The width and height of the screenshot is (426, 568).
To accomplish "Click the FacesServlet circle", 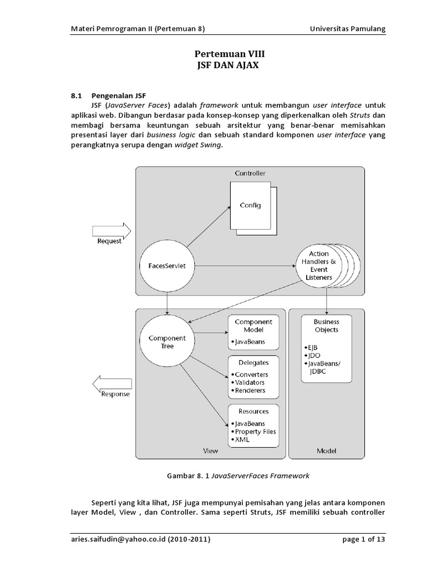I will point(167,266).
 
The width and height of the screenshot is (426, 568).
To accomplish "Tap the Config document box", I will point(250,206).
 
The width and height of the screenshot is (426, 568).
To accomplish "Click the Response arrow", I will point(113,384).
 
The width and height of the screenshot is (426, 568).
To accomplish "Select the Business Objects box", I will point(326,348).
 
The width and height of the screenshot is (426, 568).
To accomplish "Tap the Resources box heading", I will point(253,412).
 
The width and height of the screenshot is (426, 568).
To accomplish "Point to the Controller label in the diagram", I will point(250,174).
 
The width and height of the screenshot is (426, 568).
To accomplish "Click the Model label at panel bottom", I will point(326,451).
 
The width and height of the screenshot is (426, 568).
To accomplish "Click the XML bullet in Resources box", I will point(242,439).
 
